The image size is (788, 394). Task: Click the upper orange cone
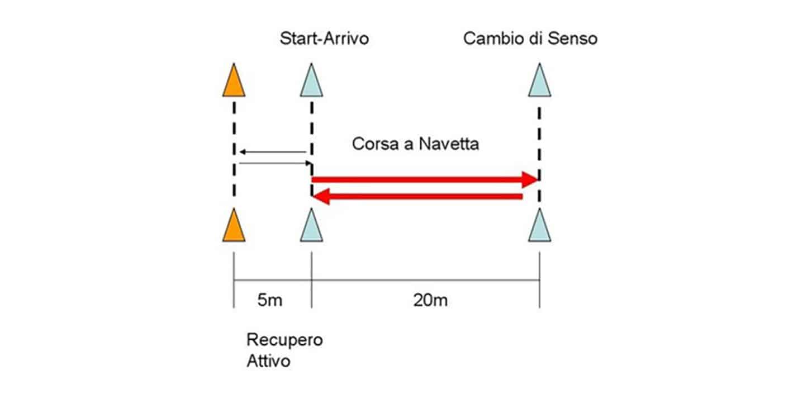click(234, 82)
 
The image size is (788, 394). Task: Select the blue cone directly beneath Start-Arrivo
click(312, 82)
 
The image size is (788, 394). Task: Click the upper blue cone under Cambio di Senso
click(539, 82)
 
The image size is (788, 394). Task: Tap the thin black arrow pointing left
click(273, 151)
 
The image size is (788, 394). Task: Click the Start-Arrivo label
click(324, 40)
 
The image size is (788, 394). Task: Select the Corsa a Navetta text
click(415, 144)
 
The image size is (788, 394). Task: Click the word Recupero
click(284, 340)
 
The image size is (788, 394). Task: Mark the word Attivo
click(268, 360)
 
